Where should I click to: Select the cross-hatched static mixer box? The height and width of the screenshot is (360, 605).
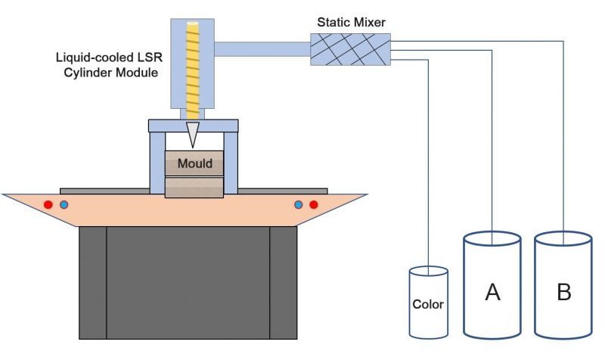click(x=350, y=49)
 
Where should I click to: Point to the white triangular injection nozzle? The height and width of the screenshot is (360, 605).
click(x=194, y=135)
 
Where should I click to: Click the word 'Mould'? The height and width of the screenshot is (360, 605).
click(x=194, y=163)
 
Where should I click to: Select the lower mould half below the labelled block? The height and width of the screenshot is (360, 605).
click(x=194, y=187)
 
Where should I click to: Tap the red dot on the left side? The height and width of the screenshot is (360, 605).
click(x=48, y=205)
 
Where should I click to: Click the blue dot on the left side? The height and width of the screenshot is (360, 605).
click(x=64, y=205)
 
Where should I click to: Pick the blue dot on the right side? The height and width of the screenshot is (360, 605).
click(x=298, y=205)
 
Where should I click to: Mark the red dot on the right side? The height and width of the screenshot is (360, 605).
click(x=314, y=205)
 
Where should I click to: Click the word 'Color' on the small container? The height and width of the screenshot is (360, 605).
click(x=428, y=306)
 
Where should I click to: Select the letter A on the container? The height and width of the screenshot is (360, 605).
click(x=492, y=292)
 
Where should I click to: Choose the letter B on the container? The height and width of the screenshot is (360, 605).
click(x=563, y=292)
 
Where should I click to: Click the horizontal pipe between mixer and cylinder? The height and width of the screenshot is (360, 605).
click(x=262, y=49)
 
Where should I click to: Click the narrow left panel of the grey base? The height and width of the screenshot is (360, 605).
click(x=92, y=284)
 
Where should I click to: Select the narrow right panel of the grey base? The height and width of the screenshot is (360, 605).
click(x=283, y=284)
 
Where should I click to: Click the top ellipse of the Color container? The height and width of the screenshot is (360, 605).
click(x=428, y=271)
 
